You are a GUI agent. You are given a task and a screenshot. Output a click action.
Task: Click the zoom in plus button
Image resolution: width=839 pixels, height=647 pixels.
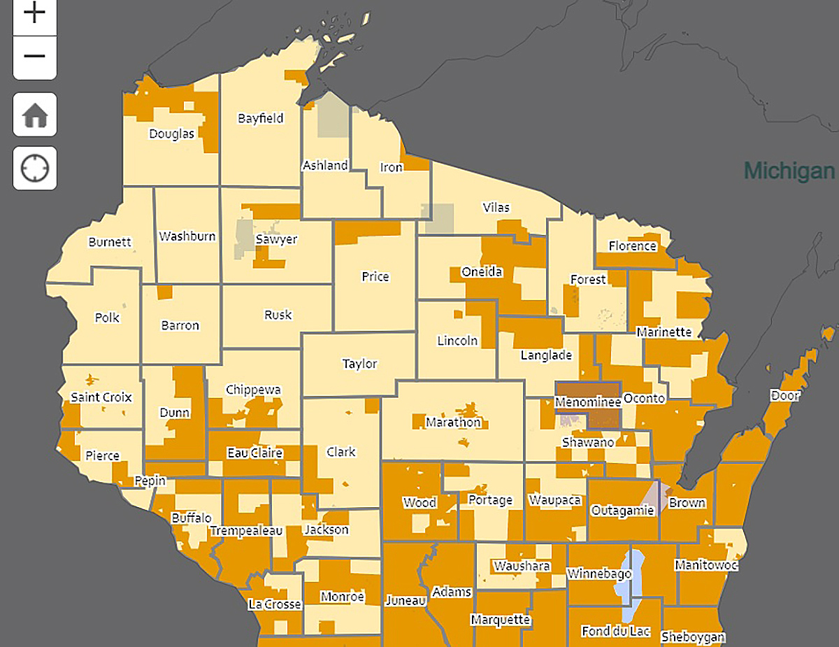click(35, 13)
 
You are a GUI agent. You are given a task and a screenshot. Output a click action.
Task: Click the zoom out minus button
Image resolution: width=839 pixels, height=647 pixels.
click(35, 57)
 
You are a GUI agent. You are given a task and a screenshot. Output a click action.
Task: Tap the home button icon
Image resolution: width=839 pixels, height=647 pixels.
click(35, 115)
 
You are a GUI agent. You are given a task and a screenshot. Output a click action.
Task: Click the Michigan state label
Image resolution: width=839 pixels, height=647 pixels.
click(789, 171)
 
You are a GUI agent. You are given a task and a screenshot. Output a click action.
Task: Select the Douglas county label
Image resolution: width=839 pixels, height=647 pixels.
click(171, 134)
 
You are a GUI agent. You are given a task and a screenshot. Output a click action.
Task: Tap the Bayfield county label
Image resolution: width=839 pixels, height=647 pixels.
click(261, 118)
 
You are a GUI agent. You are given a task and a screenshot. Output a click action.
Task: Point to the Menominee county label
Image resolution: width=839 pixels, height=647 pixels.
click(587, 402)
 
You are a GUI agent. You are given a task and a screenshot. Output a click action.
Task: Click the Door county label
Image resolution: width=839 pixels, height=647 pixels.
click(784, 395)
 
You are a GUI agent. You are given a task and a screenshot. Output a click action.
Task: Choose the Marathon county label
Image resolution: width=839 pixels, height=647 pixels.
click(453, 422)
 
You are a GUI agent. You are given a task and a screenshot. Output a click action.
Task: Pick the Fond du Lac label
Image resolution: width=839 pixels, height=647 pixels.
click(616, 632)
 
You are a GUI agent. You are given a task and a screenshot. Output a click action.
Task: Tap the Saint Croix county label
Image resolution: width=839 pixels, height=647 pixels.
click(101, 397)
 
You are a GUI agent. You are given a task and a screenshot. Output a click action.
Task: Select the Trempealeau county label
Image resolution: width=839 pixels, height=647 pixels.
click(246, 531)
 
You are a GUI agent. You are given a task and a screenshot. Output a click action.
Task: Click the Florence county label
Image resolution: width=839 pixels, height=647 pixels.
click(633, 246)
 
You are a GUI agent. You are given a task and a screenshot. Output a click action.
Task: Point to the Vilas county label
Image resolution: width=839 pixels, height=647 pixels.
click(496, 208)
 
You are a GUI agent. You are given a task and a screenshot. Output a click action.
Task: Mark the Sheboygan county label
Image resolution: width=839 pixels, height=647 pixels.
click(693, 637)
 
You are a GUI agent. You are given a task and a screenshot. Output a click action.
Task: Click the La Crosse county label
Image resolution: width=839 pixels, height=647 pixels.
click(275, 604)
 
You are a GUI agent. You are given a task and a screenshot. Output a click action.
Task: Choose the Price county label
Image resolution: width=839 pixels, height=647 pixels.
click(375, 276)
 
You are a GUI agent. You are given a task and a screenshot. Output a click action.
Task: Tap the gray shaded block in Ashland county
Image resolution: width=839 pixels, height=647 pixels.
click(332, 115)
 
